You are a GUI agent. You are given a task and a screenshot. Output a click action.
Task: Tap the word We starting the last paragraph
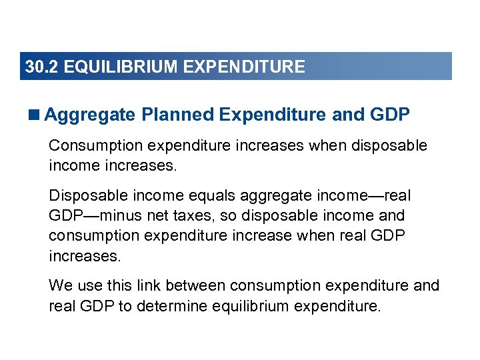(x=59, y=286)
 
